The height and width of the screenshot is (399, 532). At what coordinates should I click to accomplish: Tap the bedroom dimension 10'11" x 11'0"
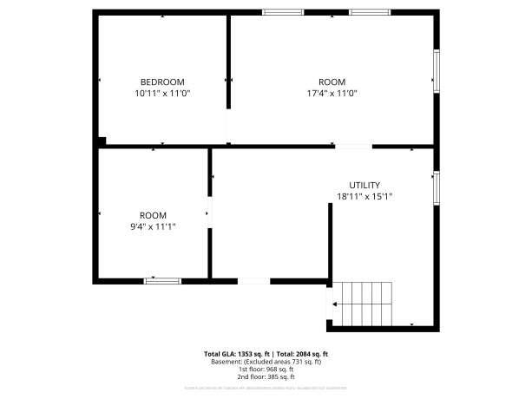click(161, 93)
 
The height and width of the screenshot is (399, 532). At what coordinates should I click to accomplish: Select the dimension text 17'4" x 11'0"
click(332, 93)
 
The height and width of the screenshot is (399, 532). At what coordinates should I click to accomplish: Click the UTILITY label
click(365, 185)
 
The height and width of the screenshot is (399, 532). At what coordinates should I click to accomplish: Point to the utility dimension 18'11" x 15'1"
click(365, 197)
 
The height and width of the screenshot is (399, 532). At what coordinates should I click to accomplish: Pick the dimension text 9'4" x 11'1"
click(153, 227)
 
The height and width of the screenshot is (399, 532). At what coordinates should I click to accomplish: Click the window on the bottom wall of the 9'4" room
click(162, 280)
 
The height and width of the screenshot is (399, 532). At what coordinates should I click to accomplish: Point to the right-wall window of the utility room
click(437, 186)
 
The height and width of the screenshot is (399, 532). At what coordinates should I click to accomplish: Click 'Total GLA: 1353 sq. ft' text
click(236, 354)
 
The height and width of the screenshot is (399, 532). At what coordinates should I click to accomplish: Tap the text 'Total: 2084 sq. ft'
click(302, 354)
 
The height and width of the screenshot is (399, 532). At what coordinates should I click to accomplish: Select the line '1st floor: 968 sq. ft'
click(266, 370)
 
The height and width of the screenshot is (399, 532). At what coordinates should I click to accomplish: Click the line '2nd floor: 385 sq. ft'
click(266, 377)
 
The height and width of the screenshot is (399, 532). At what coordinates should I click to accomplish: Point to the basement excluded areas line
click(266, 362)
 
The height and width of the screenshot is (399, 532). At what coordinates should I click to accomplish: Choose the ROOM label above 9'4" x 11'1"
click(153, 215)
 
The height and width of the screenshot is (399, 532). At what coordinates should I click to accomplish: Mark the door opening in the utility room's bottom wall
click(253, 280)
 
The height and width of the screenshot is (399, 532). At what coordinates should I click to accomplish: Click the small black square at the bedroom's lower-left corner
click(102, 141)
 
